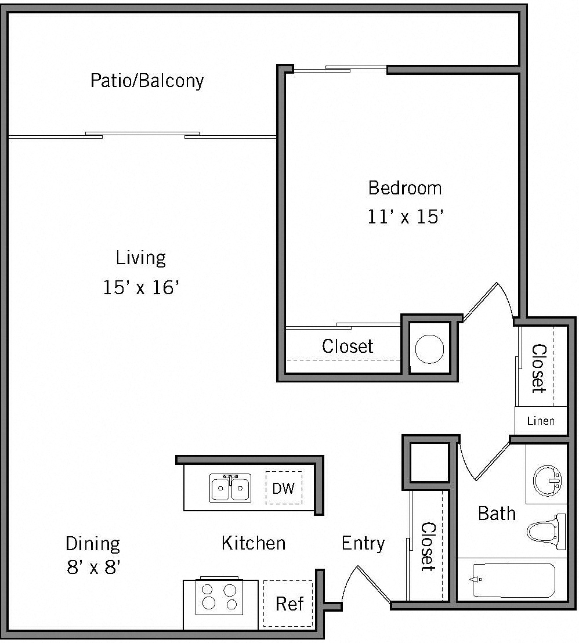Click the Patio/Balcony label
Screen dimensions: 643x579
pos(147,80)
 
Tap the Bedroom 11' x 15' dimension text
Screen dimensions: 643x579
pos(406,217)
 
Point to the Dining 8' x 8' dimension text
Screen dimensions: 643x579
pos(93,566)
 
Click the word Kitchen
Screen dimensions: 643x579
pos(254,543)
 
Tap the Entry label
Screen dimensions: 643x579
pos(363,543)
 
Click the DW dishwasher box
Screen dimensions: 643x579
pos(284,488)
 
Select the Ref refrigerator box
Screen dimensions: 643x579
pos(289,604)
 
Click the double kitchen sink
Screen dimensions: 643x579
pos(230,488)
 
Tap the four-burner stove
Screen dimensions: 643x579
pos(218,597)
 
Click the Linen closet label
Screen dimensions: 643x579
pos(540,421)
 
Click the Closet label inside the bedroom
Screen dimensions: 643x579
pos(348,346)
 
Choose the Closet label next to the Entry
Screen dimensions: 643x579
pos(428,546)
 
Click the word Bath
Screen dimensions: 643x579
pos(497,513)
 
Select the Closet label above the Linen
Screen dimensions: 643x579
pos(539,369)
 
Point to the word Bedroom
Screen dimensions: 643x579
pos(405,188)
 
